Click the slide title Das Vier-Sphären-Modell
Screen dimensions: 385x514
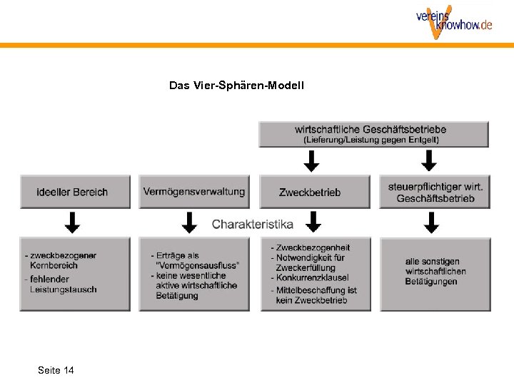point(236,86)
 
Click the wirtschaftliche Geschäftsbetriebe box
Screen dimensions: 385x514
point(373,135)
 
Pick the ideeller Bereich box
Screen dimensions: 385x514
point(75,192)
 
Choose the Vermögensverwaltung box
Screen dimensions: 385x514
point(194,192)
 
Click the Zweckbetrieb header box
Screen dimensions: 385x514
point(310,192)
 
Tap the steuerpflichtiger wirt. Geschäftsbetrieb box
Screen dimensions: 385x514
point(435,192)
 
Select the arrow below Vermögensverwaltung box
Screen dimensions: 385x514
point(189,222)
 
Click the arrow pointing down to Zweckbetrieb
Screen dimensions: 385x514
point(312,163)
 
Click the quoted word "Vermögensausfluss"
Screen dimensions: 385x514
point(197,265)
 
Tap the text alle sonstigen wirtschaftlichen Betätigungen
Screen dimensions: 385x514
point(435,272)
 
